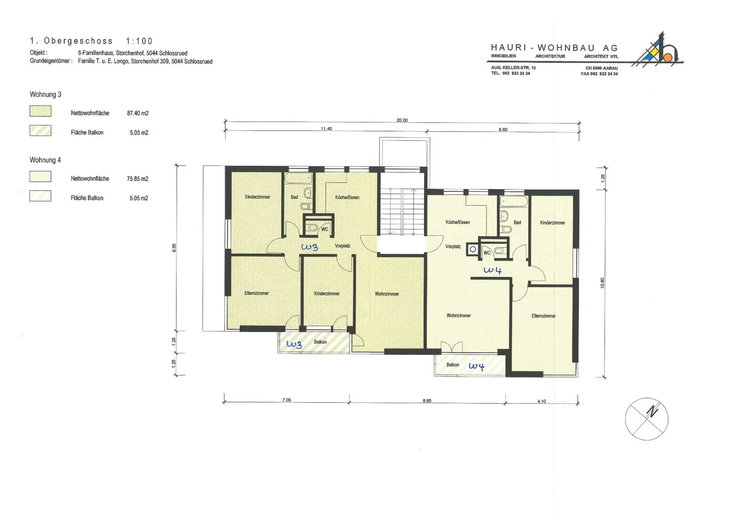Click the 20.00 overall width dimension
coord(402,120)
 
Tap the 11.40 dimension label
coord(326,129)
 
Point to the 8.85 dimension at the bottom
coord(427,401)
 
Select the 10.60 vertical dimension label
coord(602,283)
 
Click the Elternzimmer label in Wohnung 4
coord(544,316)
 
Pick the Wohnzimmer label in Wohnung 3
coord(387,294)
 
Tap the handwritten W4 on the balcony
coord(477,366)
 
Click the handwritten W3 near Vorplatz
coord(309,247)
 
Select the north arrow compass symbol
coord(646,419)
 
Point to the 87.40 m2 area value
coord(138,113)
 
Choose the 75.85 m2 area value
coord(137,179)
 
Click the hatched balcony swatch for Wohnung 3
coord(40,130)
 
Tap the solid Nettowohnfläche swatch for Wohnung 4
coord(40,176)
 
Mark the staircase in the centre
coord(402,211)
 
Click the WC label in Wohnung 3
coord(325,229)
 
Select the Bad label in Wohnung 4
coord(517,223)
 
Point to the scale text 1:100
coord(139,41)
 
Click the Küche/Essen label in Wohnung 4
coord(457,222)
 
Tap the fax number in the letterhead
coord(599,74)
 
